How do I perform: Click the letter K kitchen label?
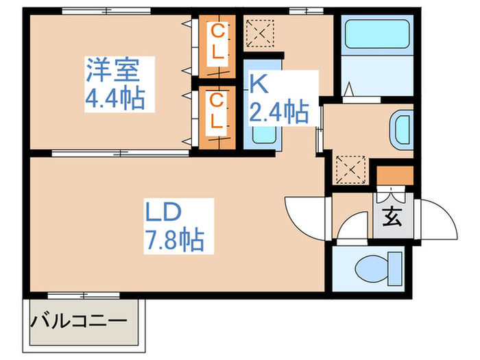(x=258, y=84)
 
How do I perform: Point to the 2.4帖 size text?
(x=278, y=110)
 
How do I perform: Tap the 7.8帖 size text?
(x=173, y=240)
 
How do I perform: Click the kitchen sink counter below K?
(x=262, y=134)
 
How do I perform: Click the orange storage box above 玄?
(x=396, y=175)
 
